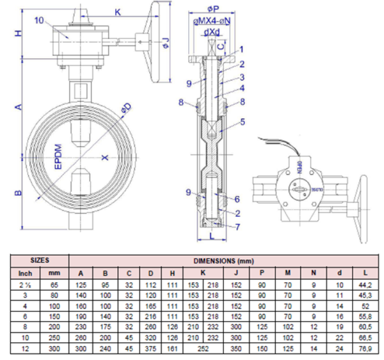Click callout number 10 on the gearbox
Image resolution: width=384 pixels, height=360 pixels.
pos(39,20)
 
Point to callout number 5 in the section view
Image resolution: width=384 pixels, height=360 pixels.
pos(243,122)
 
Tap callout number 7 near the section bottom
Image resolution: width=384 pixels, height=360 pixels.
pos(238,226)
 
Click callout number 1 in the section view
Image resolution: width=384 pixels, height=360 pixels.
pos(242,49)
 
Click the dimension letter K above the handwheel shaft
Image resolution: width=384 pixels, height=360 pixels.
pos(118,12)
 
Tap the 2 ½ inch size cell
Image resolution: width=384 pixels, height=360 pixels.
pos(27,285)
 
